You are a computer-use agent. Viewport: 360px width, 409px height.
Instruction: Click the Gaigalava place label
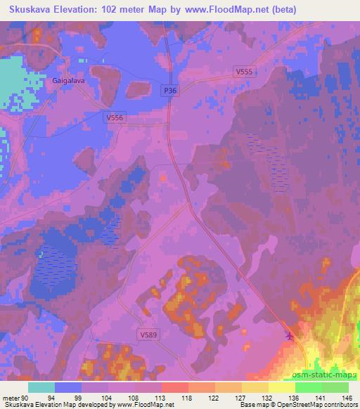(x=68, y=81)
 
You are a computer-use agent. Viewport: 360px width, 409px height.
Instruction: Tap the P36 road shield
(x=169, y=90)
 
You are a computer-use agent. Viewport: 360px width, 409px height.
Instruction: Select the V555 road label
(x=244, y=72)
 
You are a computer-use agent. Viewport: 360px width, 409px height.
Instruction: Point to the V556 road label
(x=114, y=117)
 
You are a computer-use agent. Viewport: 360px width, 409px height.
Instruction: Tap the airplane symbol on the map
(x=289, y=335)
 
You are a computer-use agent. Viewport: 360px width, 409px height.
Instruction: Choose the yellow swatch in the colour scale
(x=255, y=387)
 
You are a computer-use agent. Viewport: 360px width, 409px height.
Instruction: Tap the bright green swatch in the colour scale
(x=308, y=387)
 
